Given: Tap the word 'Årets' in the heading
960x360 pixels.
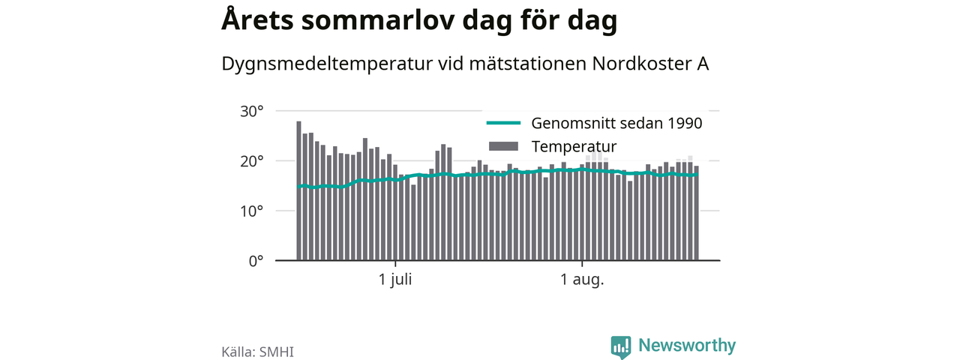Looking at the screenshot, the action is point(257,19).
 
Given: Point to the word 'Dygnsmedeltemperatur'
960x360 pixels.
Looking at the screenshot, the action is point(327,64).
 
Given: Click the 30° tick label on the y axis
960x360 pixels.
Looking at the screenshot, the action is point(251,112).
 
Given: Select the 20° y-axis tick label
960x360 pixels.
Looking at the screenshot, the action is point(251,161).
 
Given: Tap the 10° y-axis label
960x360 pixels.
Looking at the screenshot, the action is point(251,211).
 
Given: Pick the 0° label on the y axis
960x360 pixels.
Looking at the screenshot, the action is point(256,261).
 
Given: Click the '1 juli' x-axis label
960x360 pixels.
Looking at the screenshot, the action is point(395,280).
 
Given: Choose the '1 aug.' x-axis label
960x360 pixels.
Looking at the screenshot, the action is point(582,280).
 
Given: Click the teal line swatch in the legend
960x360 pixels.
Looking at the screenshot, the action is point(503,123).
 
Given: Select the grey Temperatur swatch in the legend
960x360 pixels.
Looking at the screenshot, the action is point(503,146).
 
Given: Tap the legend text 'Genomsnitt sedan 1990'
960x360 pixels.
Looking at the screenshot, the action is point(616,124).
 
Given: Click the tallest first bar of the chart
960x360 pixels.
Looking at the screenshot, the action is point(298,190).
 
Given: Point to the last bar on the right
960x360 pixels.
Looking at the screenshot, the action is point(697,213).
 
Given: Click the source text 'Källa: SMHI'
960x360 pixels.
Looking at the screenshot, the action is point(257,352).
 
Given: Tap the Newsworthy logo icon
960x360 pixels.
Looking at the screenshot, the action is point(621,347).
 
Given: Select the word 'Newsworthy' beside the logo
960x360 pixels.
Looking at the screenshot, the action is point(687,345).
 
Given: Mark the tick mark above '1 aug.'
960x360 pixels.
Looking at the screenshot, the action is point(582,263).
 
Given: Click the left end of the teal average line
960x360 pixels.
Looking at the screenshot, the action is point(298,187).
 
